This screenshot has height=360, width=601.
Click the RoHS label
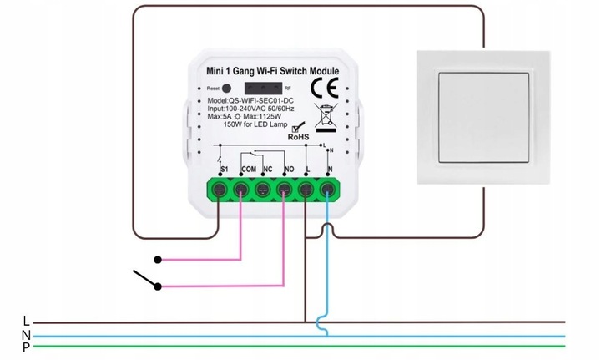click(300, 138)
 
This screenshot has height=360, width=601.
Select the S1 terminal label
click(224, 170)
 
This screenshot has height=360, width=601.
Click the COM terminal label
click(248, 170)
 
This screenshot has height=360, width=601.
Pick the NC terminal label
click(268, 170)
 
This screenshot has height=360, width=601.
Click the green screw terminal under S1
click(220, 190)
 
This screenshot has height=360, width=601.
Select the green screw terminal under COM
click(242, 190)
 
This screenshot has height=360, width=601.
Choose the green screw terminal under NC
click(263, 190)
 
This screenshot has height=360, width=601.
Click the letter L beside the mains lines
click(26, 321)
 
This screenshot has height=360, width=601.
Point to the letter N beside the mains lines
click(26, 334)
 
